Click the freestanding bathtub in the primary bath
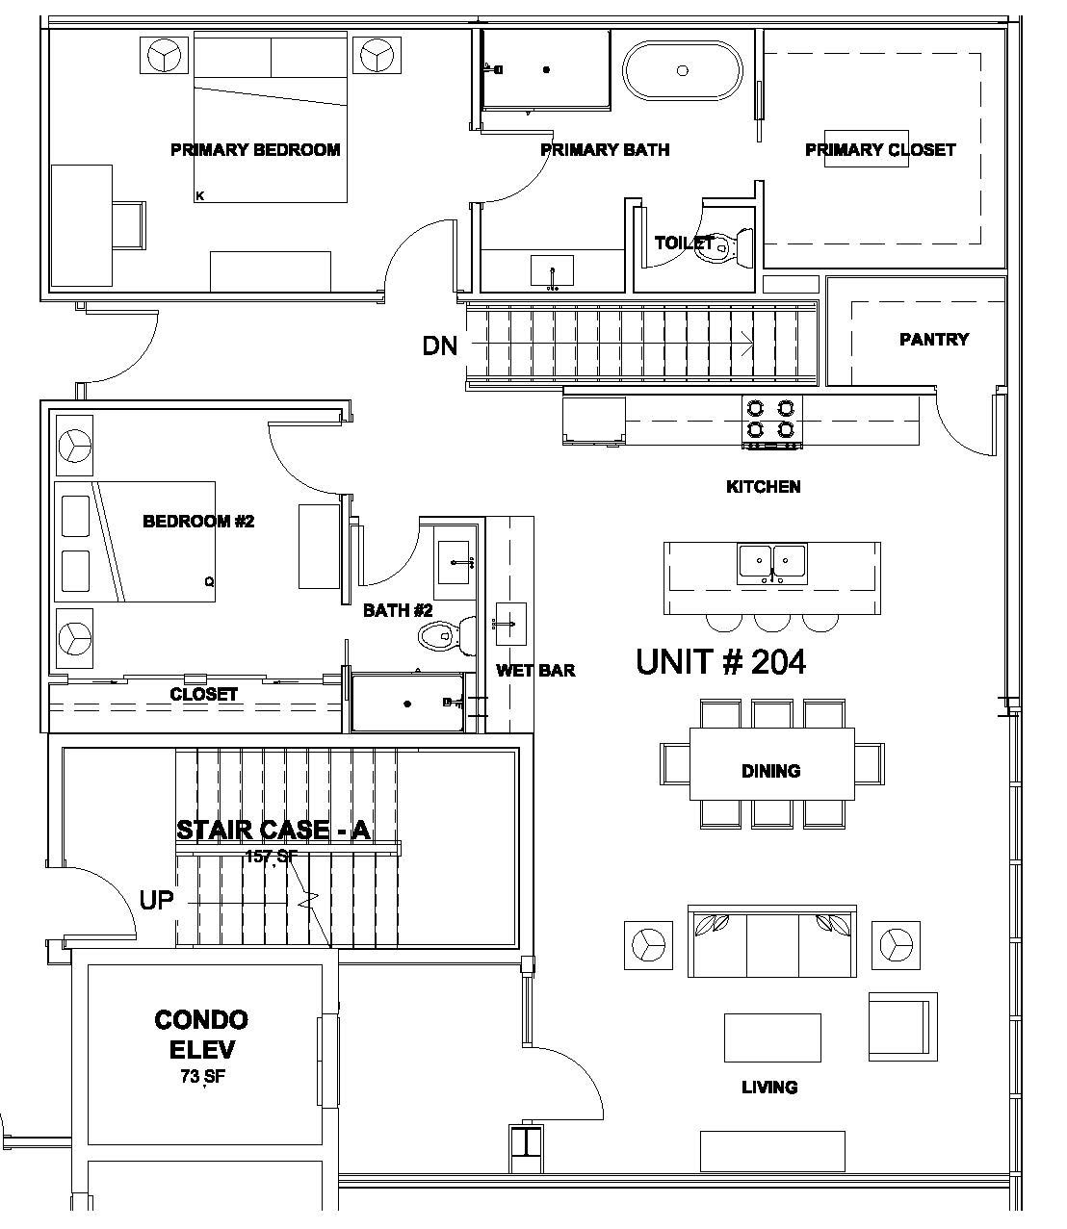683,70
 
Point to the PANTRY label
933,339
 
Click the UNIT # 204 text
720,662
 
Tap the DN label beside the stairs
440,346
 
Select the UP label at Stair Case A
156,901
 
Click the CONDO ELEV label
201,1034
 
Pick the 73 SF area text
202,1077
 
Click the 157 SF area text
272,857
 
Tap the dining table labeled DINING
771,764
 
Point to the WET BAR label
535,670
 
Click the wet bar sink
510,625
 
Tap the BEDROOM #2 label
198,522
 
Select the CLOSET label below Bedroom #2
203,694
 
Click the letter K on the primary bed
200,196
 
